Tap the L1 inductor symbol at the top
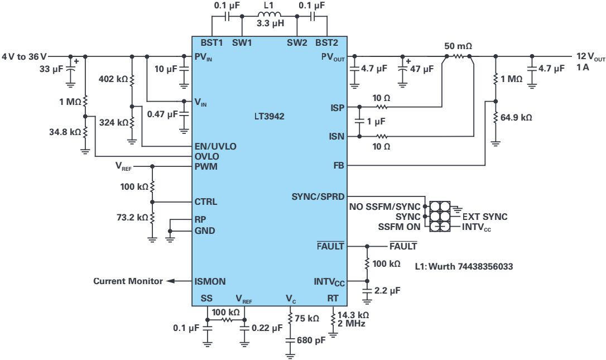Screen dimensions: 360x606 [x=269, y=15]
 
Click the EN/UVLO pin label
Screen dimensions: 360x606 [x=215, y=146]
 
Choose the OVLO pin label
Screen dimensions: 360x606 [x=206, y=156]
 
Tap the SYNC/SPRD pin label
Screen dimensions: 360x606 [x=318, y=196]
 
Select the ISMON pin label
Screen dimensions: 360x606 [x=210, y=281]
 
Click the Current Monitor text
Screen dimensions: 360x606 [x=128, y=281]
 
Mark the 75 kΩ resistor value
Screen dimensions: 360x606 [x=307, y=319]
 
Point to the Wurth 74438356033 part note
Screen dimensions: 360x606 [x=464, y=267]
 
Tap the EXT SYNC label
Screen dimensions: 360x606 [x=485, y=217]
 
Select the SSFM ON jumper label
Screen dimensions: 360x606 [x=398, y=227]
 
